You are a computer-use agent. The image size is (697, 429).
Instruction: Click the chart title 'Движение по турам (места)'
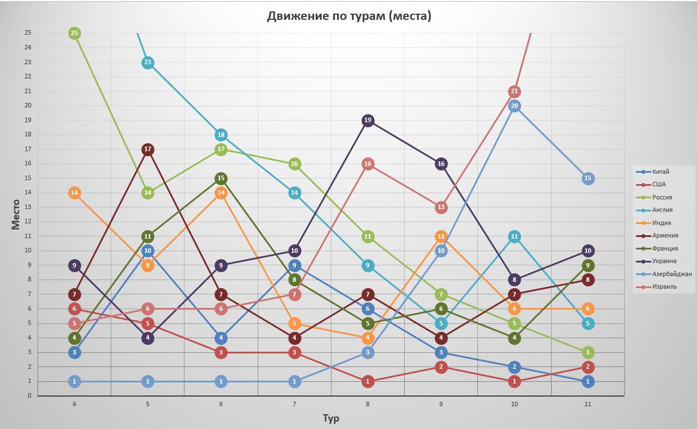click(349, 16)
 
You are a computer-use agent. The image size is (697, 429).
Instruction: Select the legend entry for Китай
click(661, 172)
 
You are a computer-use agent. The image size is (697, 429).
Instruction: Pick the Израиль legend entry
click(664, 286)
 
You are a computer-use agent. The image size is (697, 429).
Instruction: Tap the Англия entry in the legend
click(662, 210)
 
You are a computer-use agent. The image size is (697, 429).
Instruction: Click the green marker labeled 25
click(74, 34)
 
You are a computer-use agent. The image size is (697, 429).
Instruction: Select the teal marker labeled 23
click(148, 63)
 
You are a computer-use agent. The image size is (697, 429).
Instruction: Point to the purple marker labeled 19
click(368, 120)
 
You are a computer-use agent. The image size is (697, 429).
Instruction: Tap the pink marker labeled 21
click(515, 91)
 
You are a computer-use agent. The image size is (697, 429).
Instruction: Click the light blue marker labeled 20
click(515, 106)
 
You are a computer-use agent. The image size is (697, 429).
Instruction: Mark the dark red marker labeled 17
click(148, 149)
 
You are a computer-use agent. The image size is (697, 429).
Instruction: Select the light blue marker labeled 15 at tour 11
click(588, 178)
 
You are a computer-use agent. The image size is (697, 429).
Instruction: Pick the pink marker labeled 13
click(441, 207)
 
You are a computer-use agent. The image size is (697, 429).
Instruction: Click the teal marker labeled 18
click(221, 135)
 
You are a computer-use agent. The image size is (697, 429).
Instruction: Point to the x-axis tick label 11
click(587, 404)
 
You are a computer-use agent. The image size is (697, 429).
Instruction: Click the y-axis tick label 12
click(27, 222)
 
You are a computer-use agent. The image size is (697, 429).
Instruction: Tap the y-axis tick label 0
click(30, 395)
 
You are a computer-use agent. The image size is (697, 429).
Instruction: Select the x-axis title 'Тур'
click(331, 418)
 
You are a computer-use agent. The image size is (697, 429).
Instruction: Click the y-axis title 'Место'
click(15, 214)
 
